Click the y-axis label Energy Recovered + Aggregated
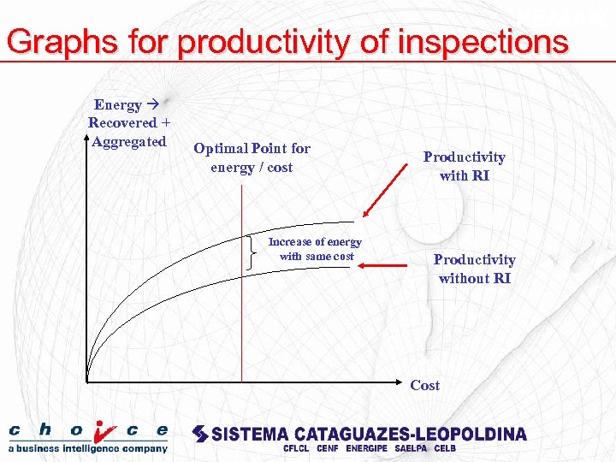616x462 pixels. (128, 123)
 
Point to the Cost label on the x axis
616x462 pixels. (424, 385)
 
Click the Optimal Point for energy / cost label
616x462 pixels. (252, 157)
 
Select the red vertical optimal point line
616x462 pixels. (242, 325)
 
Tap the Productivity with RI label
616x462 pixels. (465, 166)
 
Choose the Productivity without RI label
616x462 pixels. (474, 269)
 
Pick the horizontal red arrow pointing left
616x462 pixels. (383, 266)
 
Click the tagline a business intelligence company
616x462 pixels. (88, 447)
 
